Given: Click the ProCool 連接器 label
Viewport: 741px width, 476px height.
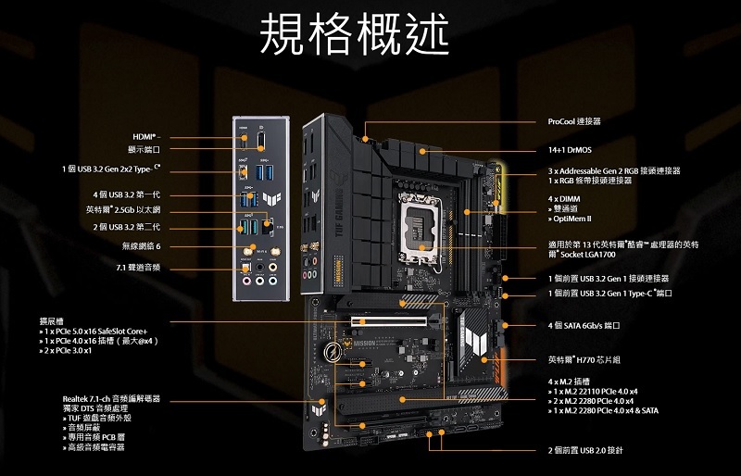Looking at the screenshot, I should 574,121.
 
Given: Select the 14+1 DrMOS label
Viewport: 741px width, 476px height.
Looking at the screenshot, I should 571,149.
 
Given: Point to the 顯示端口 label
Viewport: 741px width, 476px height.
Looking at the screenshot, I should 144,149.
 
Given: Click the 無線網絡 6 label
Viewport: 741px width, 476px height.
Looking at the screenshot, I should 142,246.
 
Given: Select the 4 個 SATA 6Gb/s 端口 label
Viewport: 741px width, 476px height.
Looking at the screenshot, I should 584,326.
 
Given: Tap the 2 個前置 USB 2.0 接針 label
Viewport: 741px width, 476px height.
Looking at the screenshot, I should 585,450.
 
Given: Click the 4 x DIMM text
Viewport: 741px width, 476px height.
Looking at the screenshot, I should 563,199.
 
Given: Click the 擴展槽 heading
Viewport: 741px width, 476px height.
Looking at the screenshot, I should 52,320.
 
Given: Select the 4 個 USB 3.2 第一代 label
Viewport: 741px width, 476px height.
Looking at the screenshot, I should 127,194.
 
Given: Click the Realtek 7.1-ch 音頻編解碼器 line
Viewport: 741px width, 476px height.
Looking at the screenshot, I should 112,399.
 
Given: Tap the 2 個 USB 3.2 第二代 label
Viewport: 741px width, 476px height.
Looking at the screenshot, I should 127,227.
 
